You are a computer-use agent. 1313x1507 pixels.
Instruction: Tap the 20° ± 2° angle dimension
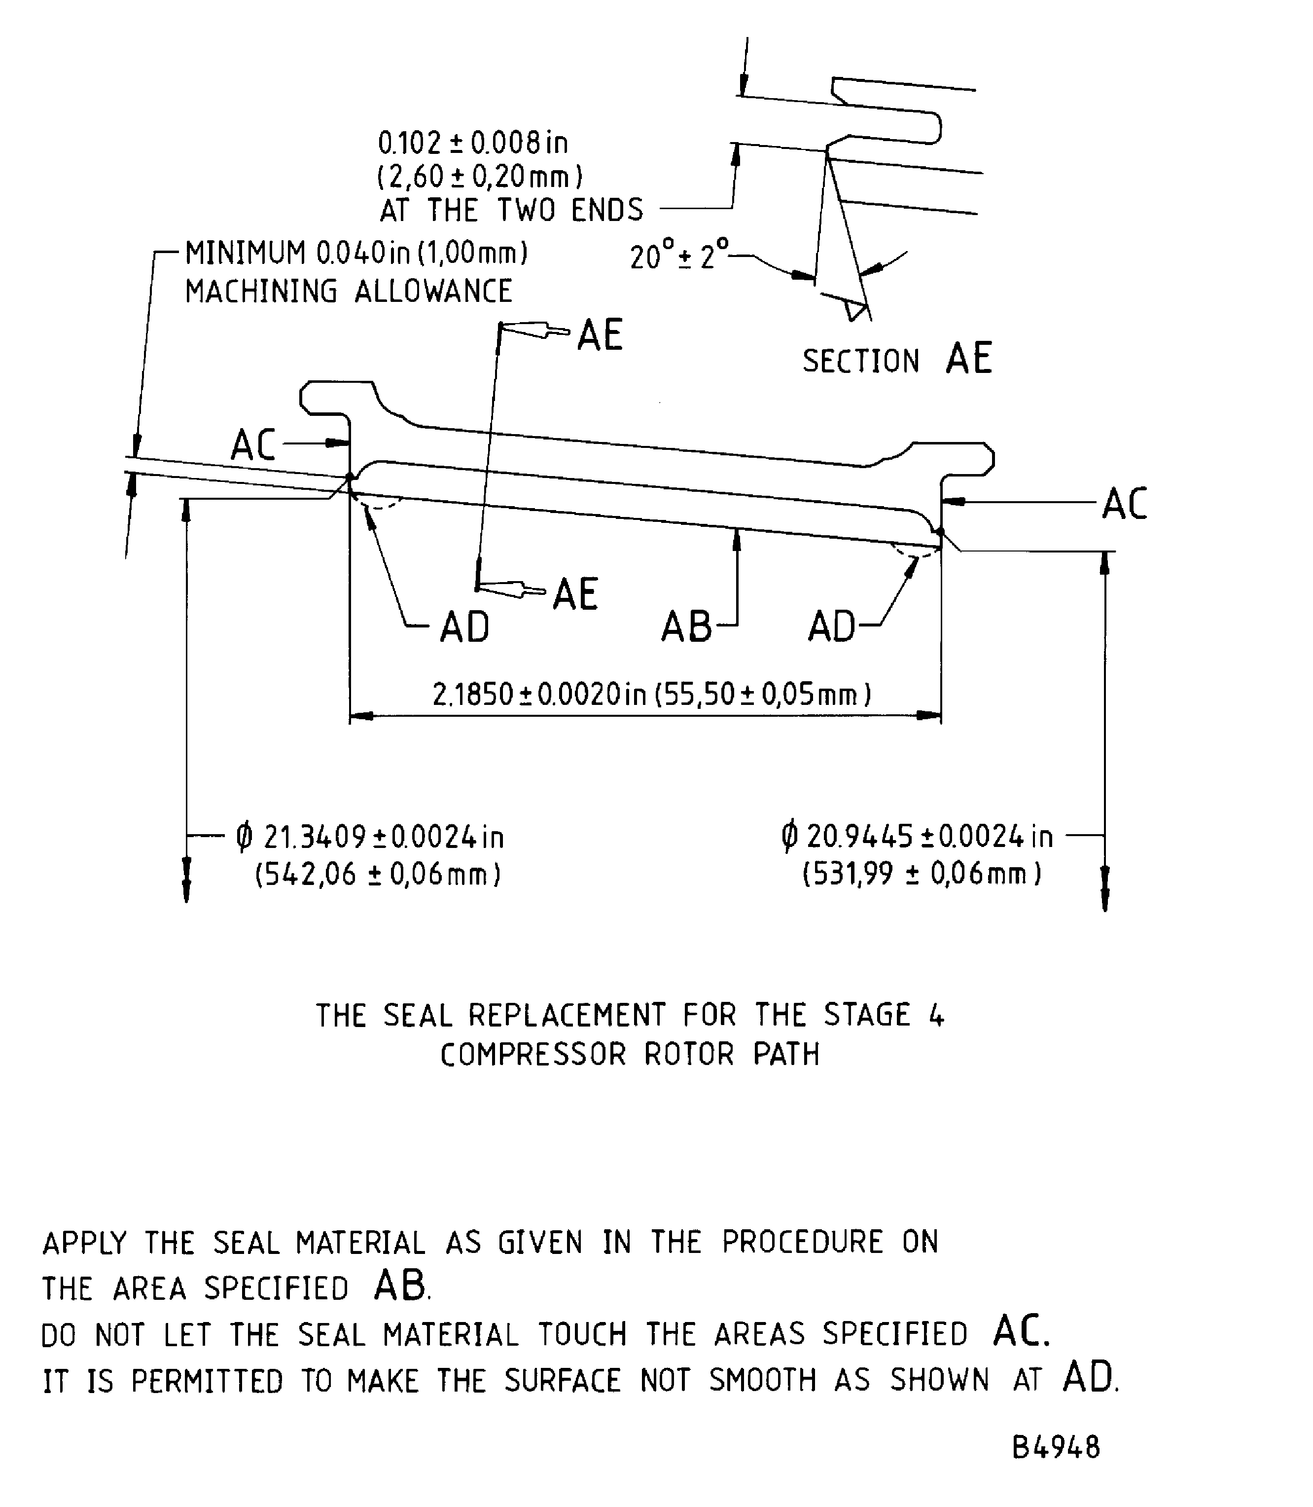tap(678, 256)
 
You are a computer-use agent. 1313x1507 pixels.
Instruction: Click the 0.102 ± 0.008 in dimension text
tap(473, 143)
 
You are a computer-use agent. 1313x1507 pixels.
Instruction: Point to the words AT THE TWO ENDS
tap(511, 210)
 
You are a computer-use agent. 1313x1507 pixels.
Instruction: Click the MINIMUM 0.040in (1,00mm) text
tap(356, 253)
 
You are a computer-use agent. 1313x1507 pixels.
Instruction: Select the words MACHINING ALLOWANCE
tap(348, 291)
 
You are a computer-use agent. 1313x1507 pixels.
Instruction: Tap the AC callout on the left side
tap(253, 445)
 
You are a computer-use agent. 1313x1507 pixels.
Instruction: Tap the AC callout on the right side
tap(1124, 504)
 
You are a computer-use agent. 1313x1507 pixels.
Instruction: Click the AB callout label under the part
tap(686, 627)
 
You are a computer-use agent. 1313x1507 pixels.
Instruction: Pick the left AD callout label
tap(464, 627)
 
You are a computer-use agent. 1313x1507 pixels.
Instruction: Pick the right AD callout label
tap(832, 627)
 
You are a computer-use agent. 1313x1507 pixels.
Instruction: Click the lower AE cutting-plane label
tap(575, 594)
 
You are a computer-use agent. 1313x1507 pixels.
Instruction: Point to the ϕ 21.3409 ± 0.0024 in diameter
tap(370, 837)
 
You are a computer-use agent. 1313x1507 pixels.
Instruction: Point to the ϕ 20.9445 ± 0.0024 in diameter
tap(918, 836)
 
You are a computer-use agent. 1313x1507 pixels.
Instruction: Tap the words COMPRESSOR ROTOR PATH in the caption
tap(630, 1055)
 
